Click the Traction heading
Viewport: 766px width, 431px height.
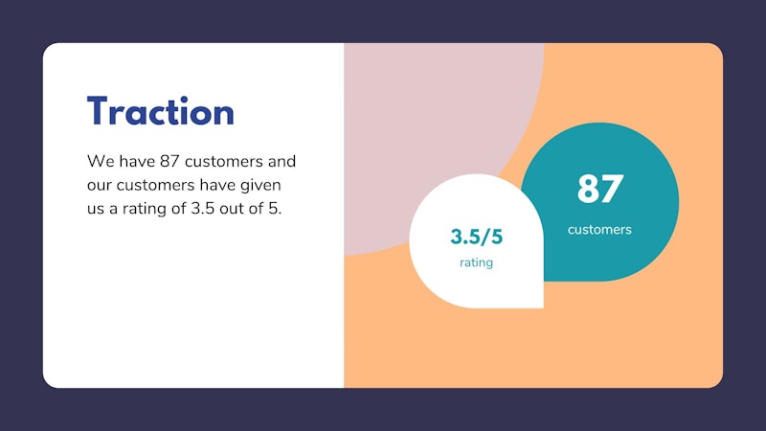160,111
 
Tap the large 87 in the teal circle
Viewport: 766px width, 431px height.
600,189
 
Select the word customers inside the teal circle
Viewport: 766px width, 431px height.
599,230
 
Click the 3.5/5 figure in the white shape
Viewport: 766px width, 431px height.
476,237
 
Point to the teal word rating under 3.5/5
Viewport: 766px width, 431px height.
476,262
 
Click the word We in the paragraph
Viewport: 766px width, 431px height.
101,161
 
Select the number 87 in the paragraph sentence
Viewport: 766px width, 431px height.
169,161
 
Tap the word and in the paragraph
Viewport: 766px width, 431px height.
282,161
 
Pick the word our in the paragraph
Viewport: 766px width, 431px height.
100,185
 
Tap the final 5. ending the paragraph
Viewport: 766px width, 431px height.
275,209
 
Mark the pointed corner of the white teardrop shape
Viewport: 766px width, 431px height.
543,307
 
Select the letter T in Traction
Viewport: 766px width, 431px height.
98,110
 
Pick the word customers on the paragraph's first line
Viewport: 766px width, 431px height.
224,162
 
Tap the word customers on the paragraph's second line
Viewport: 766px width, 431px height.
155,186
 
